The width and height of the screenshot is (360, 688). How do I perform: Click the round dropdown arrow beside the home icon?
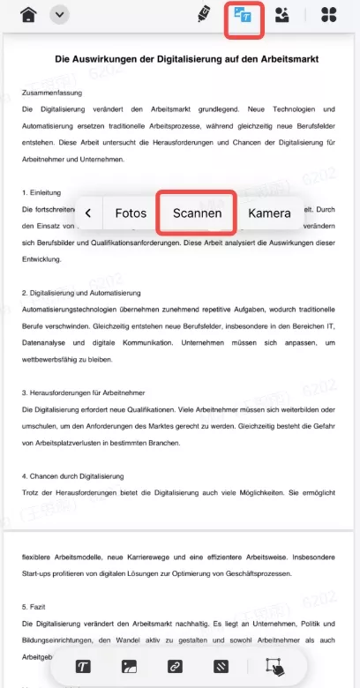pos(60,15)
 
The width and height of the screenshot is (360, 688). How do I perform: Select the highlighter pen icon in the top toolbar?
pos(203,14)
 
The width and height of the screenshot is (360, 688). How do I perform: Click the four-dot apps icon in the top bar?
pos(328,15)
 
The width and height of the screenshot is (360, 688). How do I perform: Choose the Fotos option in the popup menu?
pos(131,213)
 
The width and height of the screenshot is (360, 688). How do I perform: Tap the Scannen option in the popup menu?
pos(196,213)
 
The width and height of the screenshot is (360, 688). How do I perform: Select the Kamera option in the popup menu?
pos(269,213)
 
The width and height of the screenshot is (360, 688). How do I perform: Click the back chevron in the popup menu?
pos(88,213)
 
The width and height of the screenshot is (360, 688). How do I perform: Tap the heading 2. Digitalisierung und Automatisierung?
pos(81,292)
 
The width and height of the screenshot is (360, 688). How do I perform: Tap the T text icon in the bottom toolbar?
pos(84,666)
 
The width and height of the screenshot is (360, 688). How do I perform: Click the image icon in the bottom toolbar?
pos(129,666)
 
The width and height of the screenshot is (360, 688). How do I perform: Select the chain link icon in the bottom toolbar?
pos(175,666)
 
